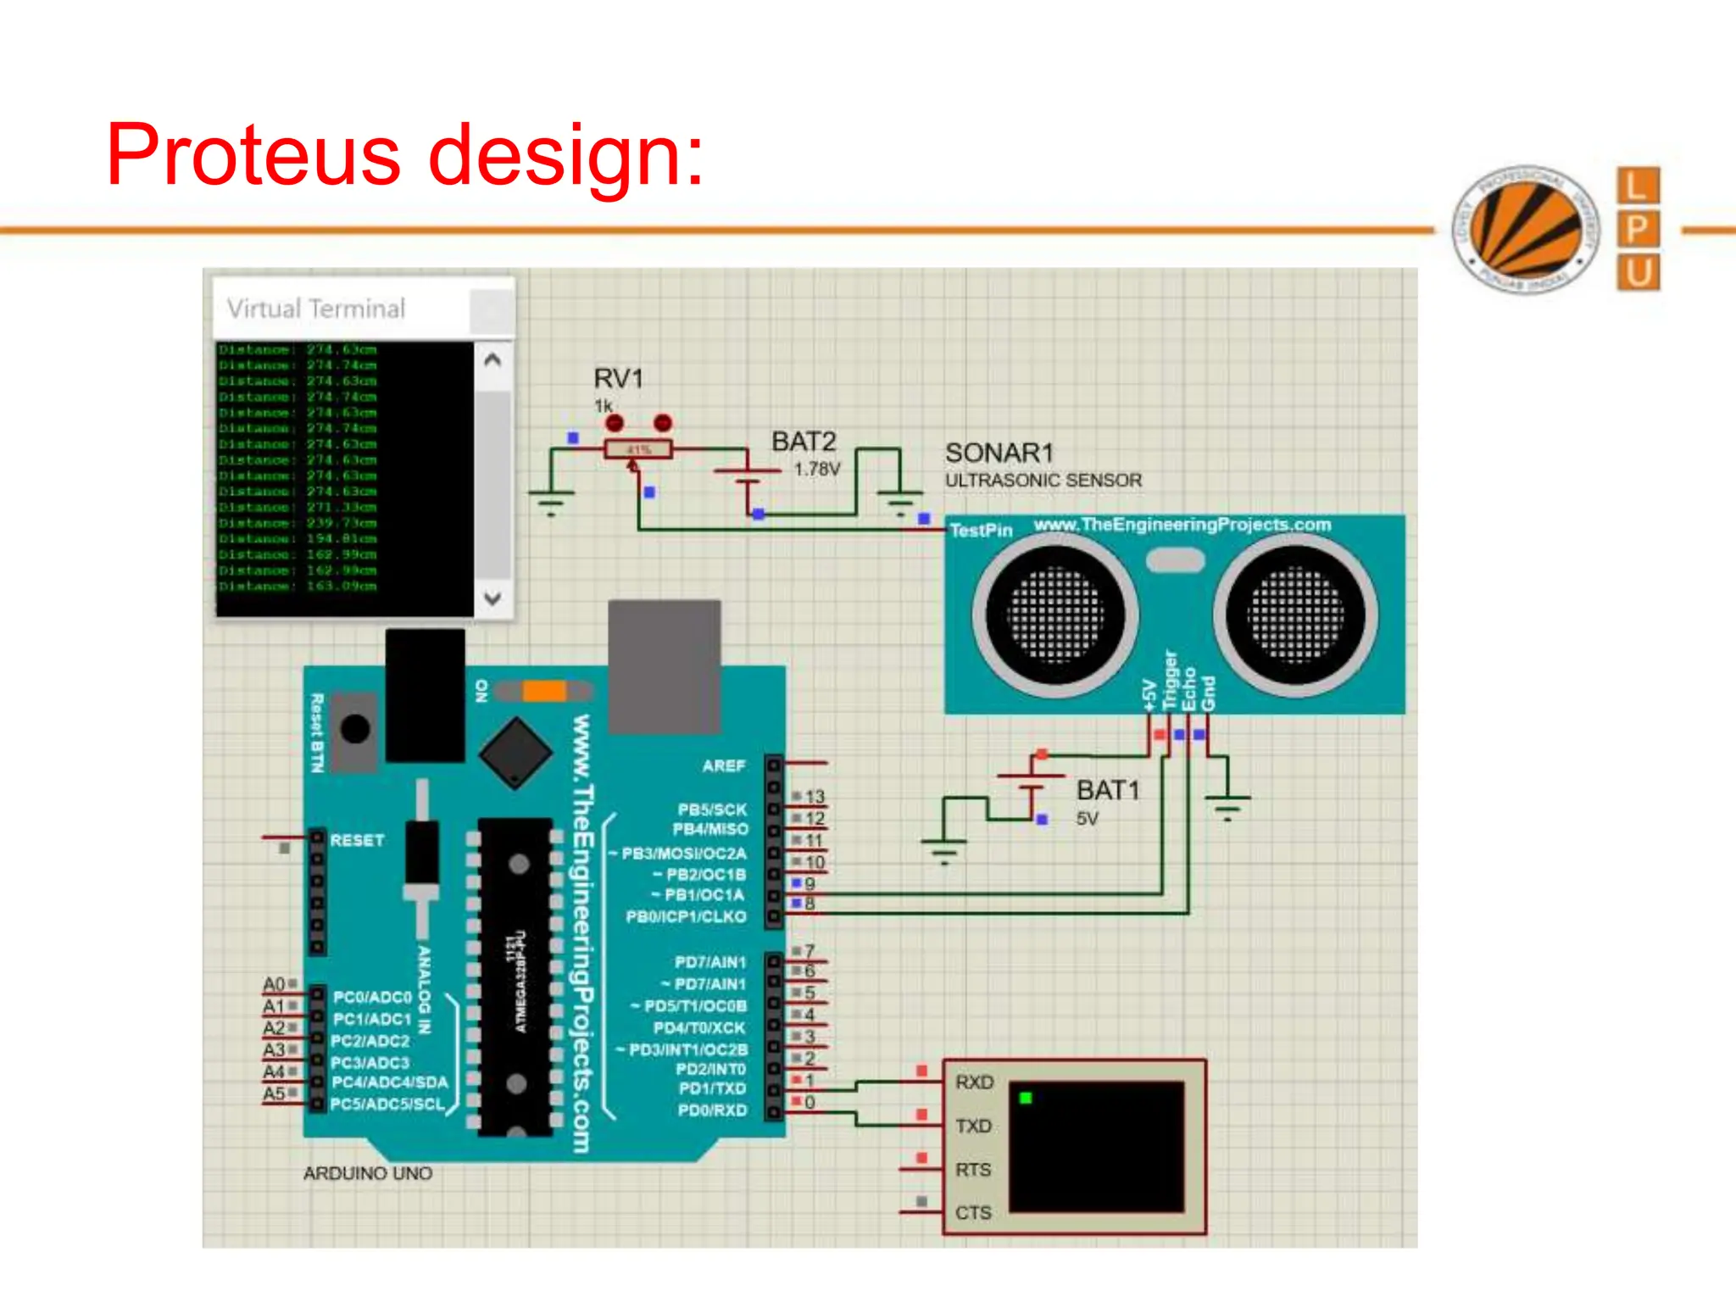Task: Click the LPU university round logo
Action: click(1526, 229)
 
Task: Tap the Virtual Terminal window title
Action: click(315, 309)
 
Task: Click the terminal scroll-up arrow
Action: click(492, 360)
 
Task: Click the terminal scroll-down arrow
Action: click(492, 598)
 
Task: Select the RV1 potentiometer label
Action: click(618, 378)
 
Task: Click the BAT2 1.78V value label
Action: click(816, 469)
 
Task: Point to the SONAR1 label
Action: click(999, 453)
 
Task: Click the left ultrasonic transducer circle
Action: click(1054, 615)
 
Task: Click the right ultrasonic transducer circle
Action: click(1295, 615)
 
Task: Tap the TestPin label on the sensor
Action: click(981, 531)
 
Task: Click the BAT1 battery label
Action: click(1107, 790)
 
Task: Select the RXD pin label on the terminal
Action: click(974, 1082)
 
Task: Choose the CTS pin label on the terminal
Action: click(973, 1213)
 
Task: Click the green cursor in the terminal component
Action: click(1026, 1099)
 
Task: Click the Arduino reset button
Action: click(354, 729)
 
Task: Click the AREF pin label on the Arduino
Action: click(723, 765)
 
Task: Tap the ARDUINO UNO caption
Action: click(368, 1173)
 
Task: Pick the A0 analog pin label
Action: click(274, 984)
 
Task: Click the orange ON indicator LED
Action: click(543, 691)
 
